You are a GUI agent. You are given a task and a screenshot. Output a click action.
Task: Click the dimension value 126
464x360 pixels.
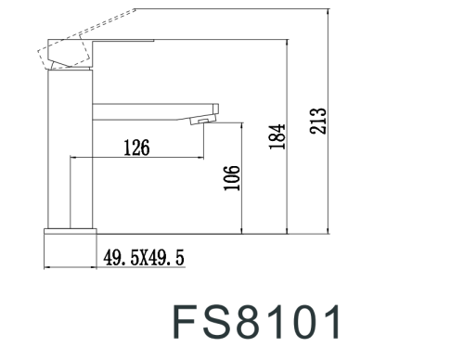[x=135, y=147]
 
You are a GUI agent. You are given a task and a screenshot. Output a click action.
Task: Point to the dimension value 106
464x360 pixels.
[x=232, y=178]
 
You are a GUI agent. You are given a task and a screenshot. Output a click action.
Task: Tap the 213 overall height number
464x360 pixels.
[x=318, y=119]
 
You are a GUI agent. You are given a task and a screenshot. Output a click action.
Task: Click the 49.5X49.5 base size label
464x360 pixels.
[x=145, y=257]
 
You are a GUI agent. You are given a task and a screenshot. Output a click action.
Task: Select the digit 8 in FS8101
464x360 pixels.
[x=251, y=322]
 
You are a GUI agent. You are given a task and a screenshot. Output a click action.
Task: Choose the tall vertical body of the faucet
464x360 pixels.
[x=70, y=148]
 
